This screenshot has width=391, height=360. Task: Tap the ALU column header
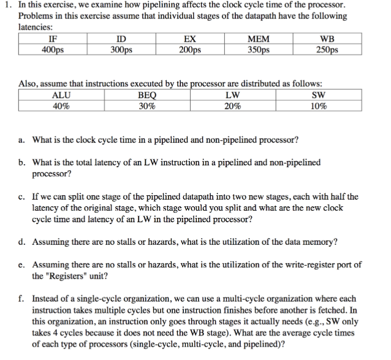[62, 95]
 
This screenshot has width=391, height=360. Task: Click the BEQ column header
[148, 95]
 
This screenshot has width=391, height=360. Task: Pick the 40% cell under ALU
[62, 105]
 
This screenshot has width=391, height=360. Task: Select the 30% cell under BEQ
[148, 105]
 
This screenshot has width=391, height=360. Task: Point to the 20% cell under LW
[232, 105]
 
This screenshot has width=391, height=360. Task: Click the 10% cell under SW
[318, 105]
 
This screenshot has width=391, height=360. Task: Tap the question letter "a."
[22, 140]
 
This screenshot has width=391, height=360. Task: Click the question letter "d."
[22, 242]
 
